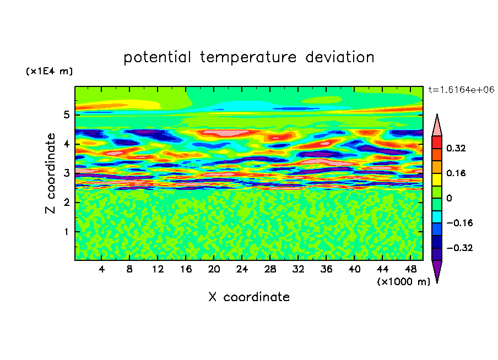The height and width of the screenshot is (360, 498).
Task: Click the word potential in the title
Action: click(157, 57)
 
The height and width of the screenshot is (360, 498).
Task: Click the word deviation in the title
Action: click(339, 57)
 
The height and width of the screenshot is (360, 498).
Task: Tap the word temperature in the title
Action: click(248, 57)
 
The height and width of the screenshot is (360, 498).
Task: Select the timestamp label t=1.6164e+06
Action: click(461, 90)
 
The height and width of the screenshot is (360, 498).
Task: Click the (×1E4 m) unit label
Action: click(49, 71)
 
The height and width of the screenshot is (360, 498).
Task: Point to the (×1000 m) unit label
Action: click(403, 282)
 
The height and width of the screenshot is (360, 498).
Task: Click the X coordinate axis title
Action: click(249, 297)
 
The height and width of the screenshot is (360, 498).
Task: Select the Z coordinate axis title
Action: click(50, 173)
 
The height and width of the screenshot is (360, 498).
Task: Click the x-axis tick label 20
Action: click(214, 269)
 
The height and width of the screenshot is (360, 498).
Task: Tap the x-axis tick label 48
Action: click(410, 269)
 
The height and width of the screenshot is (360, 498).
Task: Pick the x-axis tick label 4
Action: click(101, 269)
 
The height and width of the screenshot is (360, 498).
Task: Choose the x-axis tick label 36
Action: click(326, 269)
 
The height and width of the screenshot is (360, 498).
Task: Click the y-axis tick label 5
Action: click(66, 114)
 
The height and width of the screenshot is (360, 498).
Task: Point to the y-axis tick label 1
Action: click(66, 232)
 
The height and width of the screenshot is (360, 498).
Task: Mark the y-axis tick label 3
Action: click(66, 173)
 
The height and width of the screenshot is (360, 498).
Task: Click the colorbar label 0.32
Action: click(456, 148)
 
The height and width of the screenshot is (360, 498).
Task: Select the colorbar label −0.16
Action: click(459, 223)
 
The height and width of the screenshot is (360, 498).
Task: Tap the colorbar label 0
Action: click(449, 198)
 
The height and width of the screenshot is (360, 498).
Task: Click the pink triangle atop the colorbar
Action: click(437, 126)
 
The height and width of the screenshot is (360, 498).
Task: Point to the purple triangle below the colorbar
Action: click(437, 270)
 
